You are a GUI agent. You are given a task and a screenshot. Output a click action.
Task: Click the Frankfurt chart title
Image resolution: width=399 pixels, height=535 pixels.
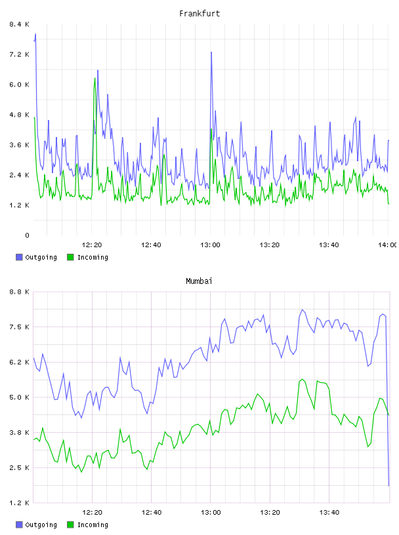click(199, 14)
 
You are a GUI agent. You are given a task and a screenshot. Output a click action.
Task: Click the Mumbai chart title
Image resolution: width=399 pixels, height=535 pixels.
click(199, 281)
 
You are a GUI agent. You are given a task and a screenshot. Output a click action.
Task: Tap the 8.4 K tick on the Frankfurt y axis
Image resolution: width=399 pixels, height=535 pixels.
click(20, 24)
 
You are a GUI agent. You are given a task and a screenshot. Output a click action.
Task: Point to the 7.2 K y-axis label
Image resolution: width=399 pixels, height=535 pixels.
click(20, 54)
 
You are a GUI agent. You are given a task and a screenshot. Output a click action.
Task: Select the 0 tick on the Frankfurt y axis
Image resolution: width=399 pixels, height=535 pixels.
click(27, 235)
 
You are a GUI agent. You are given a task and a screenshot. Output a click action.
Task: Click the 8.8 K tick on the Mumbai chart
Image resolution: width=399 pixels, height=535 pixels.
click(20, 292)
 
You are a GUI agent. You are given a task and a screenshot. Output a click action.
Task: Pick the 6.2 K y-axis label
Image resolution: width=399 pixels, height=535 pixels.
click(20, 363)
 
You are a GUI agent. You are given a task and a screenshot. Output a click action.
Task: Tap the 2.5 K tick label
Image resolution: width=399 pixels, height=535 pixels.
click(20, 467)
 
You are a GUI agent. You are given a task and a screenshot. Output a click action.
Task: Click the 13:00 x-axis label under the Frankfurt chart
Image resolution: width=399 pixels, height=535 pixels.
click(211, 245)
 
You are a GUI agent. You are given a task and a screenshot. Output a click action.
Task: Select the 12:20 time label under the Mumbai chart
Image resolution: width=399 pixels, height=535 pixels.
click(93, 513)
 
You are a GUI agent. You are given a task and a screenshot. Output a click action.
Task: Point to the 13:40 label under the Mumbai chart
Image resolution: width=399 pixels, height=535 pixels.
click(329, 513)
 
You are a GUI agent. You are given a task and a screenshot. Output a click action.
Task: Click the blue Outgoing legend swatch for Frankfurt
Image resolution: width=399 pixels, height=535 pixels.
click(19, 257)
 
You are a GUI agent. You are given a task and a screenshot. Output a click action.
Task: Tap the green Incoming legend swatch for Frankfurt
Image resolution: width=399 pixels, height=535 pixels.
click(70, 257)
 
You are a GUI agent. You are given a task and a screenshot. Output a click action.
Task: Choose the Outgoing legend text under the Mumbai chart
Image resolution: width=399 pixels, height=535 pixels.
click(41, 525)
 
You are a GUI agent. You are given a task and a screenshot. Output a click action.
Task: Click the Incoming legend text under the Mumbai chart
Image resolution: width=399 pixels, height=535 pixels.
click(93, 525)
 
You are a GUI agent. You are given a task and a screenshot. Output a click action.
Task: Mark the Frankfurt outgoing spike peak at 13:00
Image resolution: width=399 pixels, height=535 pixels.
click(211, 52)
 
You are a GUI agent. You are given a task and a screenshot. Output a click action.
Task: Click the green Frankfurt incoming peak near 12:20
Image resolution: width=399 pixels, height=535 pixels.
click(95, 78)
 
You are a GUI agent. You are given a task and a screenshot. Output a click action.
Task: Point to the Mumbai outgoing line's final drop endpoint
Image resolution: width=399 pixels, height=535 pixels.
click(388, 486)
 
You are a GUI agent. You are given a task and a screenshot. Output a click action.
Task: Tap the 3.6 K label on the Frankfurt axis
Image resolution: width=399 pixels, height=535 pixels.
click(20, 145)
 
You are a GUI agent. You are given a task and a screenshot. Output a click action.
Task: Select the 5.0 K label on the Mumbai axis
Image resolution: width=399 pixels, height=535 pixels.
click(20, 397)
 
